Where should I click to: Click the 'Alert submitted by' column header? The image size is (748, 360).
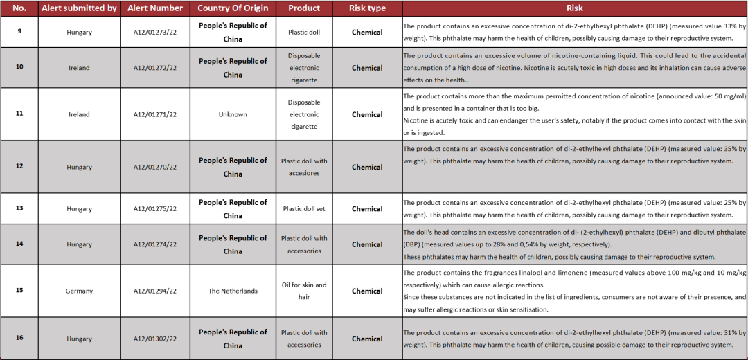[79, 8]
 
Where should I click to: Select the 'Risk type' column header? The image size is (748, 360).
[366, 8]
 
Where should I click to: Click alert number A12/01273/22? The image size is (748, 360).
[155, 32]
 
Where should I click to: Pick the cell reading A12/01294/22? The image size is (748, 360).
[155, 291]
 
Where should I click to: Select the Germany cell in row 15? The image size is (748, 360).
[79, 291]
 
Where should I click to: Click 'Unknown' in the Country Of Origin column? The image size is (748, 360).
[233, 114]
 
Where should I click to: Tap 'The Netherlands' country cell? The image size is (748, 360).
[233, 291]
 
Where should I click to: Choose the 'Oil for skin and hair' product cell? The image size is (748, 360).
[304, 291]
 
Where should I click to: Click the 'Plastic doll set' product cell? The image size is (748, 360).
[304, 208]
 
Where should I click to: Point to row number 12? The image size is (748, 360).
[19, 166]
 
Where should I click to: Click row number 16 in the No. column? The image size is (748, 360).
[19, 338]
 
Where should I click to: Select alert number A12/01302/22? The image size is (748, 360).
[155, 339]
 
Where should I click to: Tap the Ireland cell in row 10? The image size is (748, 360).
[79, 68]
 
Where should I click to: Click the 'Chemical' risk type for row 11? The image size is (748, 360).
[366, 114]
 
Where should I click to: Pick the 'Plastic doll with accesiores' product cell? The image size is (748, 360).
[304, 167]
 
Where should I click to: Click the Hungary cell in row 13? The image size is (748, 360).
[79, 208]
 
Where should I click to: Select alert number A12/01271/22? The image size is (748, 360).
[155, 114]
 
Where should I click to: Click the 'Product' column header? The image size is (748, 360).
[304, 8]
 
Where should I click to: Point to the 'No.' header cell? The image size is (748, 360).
[19, 8]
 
